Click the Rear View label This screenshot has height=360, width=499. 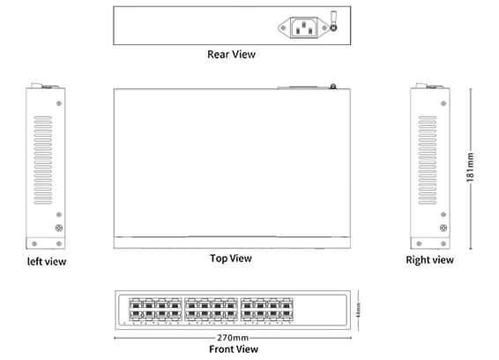(x=231, y=55)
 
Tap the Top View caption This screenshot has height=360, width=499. (x=231, y=259)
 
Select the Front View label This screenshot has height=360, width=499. (x=234, y=349)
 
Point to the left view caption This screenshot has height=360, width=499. (x=46, y=261)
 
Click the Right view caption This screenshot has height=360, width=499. (x=429, y=260)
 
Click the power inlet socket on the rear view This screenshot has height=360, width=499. (x=303, y=28)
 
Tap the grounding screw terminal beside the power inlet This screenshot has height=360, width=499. (x=333, y=24)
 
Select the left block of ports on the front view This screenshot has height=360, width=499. (x=152, y=309)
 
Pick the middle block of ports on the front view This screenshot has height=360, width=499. (x=211, y=309)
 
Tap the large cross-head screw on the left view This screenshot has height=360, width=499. (x=59, y=229)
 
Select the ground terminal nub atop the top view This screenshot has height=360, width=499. (x=333, y=86)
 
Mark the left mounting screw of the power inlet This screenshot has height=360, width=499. (x=286, y=29)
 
